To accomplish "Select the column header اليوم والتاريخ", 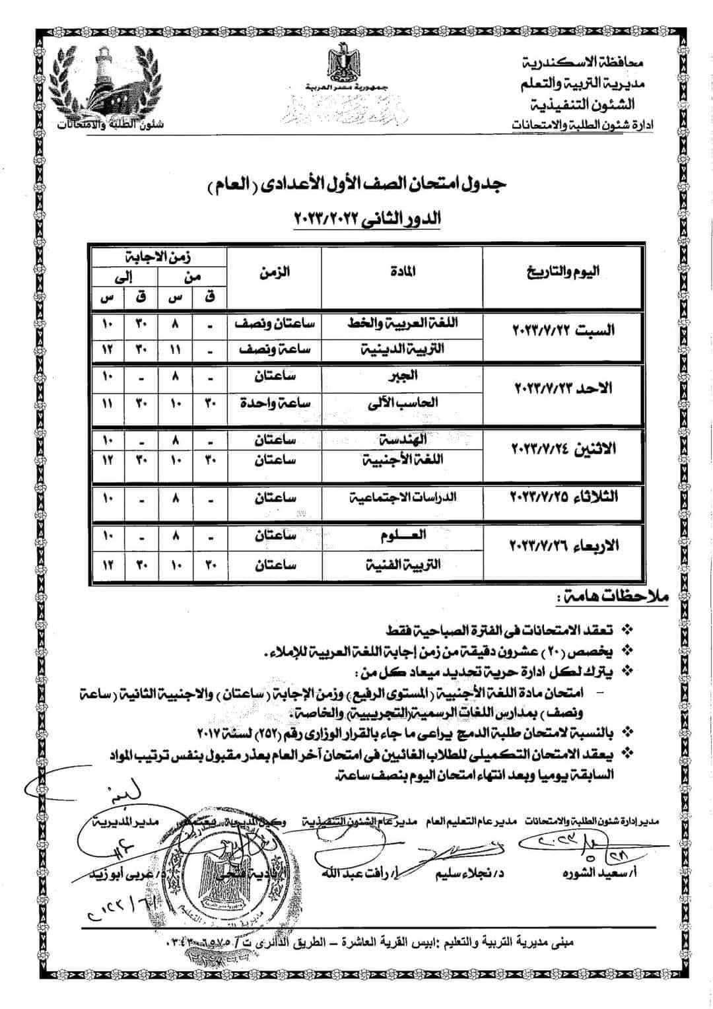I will tap(563, 271).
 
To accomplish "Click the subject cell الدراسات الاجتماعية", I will tap(401, 498).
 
